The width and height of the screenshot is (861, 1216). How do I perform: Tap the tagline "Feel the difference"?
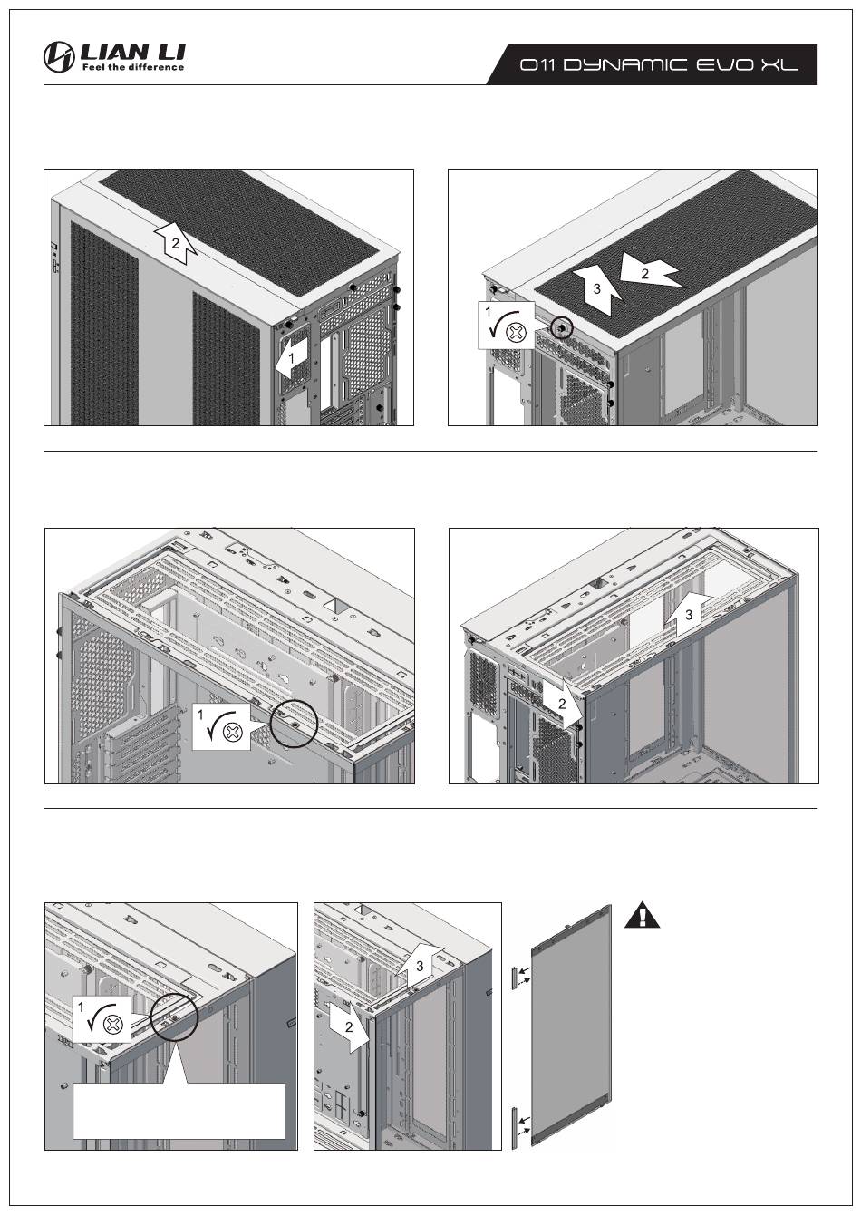pos(133,68)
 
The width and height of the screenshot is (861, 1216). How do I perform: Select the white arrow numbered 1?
pos(289,360)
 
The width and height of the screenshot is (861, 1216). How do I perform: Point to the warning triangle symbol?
pos(643,915)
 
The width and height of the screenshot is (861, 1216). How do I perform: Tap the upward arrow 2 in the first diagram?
pos(177,241)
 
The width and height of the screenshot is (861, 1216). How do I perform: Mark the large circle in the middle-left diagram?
pos(295,722)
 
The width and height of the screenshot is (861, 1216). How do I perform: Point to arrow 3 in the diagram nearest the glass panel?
pos(418,966)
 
